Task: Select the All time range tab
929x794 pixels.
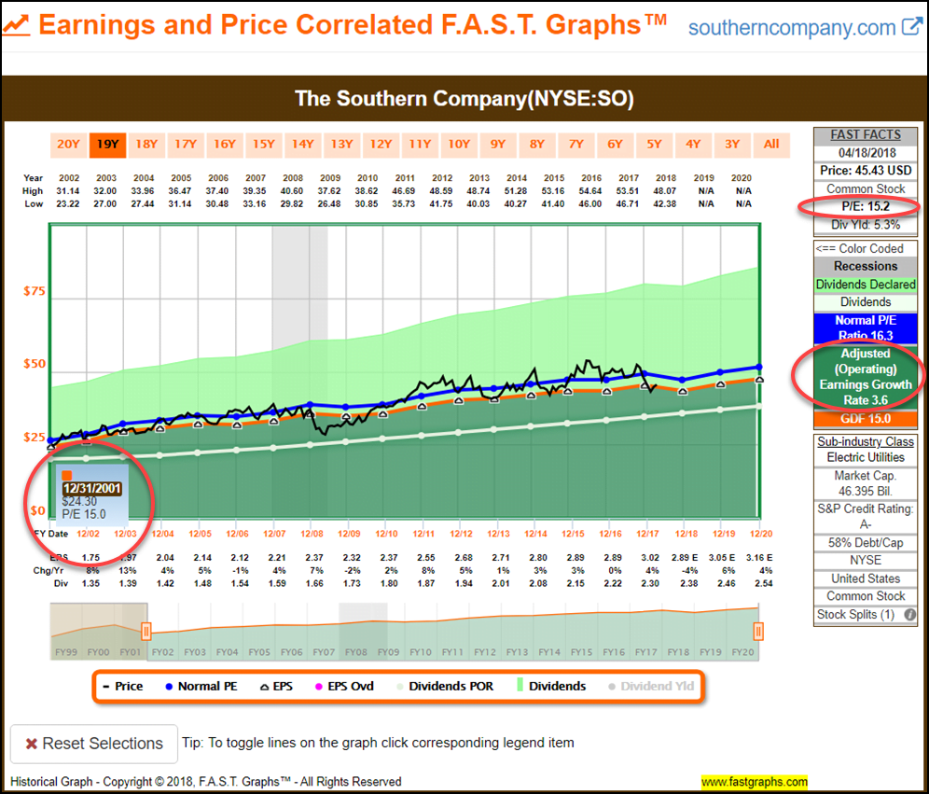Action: tap(771, 144)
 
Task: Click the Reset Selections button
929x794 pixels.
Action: tap(93, 744)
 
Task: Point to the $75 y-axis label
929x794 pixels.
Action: tap(34, 291)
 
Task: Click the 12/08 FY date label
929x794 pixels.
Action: tap(312, 533)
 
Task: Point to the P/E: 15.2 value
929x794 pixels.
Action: tap(865, 206)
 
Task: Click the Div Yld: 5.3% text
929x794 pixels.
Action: tap(867, 224)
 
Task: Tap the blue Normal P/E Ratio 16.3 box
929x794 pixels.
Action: tap(867, 327)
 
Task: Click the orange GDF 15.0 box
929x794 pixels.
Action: tap(867, 420)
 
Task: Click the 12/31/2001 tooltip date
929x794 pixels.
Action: tap(91, 488)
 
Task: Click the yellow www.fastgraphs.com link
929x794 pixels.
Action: tap(754, 782)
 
